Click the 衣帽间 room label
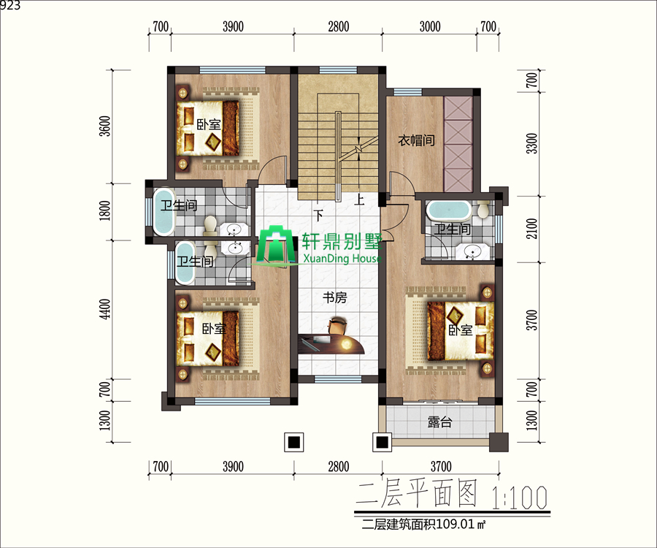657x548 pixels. click(x=416, y=140)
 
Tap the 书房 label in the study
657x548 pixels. click(x=335, y=297)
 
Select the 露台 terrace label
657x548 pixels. click(x=439, y=422)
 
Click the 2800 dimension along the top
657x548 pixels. click(x=339, y=26)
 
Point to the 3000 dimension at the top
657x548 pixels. click(x=430, y=26)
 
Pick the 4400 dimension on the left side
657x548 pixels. click(x=106, y=309)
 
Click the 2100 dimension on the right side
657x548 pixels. click(x=531, y=229)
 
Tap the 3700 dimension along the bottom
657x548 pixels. click(x=441, y=466)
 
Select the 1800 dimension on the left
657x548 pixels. click(x=106, y=210)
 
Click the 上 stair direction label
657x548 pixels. click(x=359, y=199)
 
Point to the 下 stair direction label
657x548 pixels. click(x=319, y=216)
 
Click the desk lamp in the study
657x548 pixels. click(x=346, y=345)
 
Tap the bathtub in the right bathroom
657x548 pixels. click(x=448, y=210)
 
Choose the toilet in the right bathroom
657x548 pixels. click(x=483, y=208)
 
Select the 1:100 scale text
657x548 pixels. click(x=520, y=497)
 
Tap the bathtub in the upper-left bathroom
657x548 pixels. click(x=164, y=212)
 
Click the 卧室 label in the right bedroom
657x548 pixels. click(x=461, y=330)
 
